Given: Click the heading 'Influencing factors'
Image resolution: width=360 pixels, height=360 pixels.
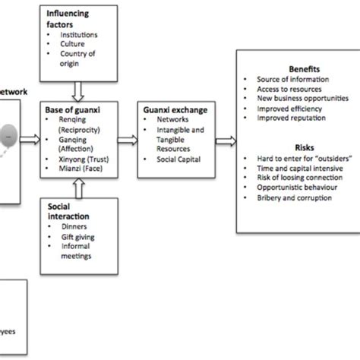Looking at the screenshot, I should coord(68,18).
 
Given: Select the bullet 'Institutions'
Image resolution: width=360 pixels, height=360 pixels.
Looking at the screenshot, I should coord(77,34).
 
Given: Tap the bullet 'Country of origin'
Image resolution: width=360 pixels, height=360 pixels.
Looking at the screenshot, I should coord(78,57).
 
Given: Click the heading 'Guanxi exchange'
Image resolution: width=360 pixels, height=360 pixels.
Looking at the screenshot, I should coord(166,110).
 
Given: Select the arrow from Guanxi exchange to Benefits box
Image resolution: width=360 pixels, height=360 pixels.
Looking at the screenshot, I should coord(226,139).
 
